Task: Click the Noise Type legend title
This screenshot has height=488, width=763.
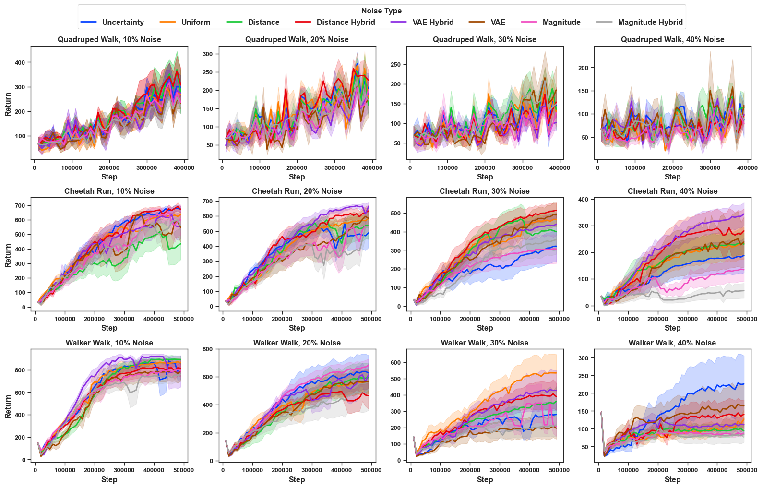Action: [381, 11]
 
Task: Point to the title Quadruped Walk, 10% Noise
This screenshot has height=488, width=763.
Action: [109, 39]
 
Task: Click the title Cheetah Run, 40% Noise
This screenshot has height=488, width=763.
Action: [672, 191]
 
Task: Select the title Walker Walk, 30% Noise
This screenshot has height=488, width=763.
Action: [485, 343]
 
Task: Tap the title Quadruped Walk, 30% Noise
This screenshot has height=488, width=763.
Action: [485, 39]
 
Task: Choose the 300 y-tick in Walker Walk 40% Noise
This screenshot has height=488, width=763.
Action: [583, 358]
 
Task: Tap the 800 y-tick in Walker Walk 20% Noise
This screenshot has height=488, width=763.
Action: [207, 349]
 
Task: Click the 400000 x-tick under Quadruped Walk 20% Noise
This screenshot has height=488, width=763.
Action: [372, 168]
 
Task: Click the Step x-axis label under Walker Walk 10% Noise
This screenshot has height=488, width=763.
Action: [109, 479]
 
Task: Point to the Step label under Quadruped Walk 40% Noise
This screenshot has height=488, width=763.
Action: [672, 177]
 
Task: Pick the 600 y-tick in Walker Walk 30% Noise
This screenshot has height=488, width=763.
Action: [395, 363]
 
